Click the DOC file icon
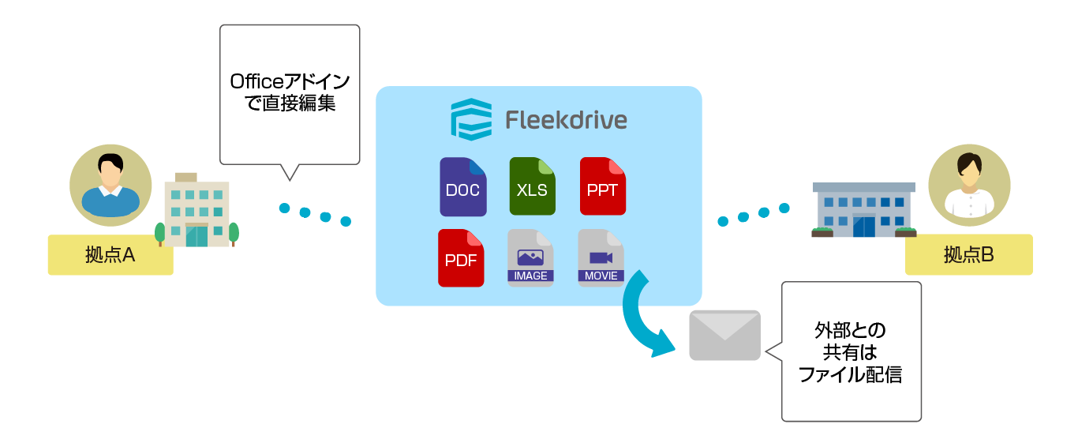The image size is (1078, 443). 463,187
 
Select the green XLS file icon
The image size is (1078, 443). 533,187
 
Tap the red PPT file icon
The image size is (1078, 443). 602,187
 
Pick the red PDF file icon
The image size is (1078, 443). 461,258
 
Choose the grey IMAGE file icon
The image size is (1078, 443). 530,258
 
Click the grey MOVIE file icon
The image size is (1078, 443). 601,258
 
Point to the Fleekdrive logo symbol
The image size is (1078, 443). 471,119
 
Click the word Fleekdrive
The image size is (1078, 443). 566,120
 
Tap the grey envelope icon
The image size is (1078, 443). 724,335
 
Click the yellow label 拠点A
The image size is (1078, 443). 110,255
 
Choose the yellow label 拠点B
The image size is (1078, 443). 968,255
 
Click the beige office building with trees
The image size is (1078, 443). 197,211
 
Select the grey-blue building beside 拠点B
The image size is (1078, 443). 863,210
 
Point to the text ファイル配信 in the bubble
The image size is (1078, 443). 850,374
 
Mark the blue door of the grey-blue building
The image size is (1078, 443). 863,226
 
